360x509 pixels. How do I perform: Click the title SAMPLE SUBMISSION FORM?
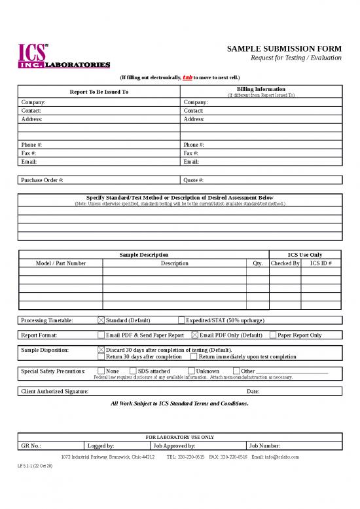pyautogui.click(x=284, y=49)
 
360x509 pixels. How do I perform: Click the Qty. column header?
pyautogui.click(x=257, y=263)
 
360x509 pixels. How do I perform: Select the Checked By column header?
pyautogui.click(x=285, y=263)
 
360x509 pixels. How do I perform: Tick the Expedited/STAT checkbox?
pyautogui.click(x=181, y=320)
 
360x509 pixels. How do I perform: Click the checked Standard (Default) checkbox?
pyautogui.click(x=101, y=320)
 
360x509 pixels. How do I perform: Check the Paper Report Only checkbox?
pyautogui.click(x=273, y=335)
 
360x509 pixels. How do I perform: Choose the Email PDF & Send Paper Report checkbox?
pyautogui.click(x=101, y=335)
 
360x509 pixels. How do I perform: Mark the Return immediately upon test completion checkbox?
pyautogui.click(x=194, y=357)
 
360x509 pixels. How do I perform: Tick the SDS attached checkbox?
pyautogui.click(x=133, y=371)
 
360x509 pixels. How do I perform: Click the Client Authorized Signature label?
pyautogui.click(x=55, y=391)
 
